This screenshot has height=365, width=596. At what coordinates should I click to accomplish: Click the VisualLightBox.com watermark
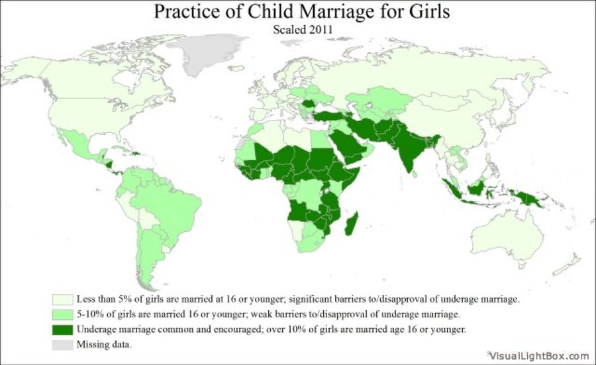tap(539, 356)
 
